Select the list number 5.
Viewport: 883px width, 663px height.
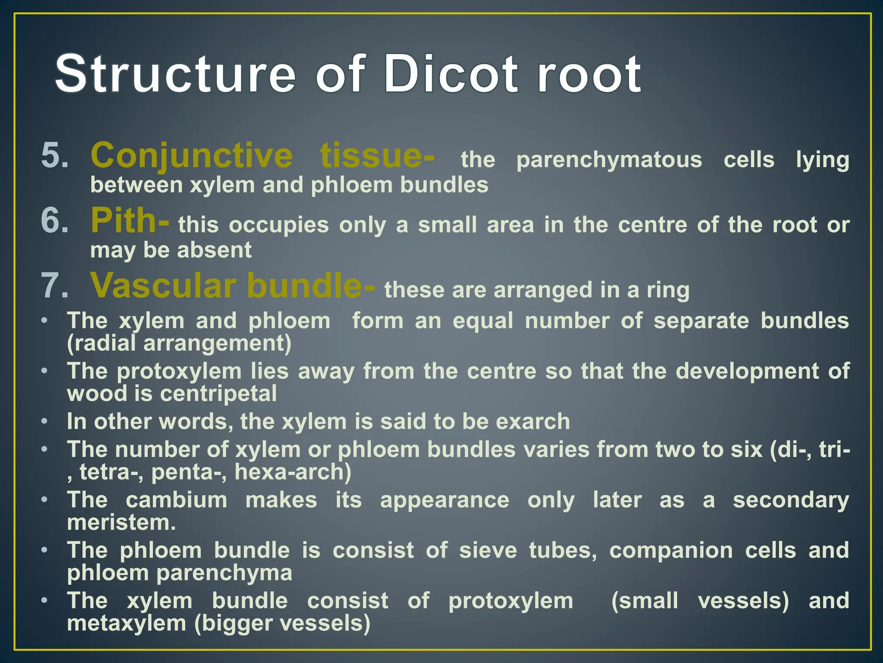click(55, 156)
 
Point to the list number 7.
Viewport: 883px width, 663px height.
click(55, 286)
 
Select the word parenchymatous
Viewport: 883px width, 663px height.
click(609, 160)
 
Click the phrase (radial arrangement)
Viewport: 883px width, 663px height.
click(179, 344)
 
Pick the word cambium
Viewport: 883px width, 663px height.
click(176, 500)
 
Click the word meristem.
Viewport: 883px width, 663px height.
click(121, 523)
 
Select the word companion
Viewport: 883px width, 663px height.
click(671, 551)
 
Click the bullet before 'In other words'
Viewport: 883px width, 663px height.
click(44, 421)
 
